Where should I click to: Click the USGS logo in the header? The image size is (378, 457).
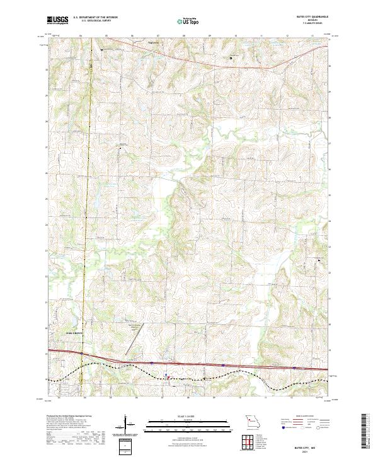click(x=57, y=20)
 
